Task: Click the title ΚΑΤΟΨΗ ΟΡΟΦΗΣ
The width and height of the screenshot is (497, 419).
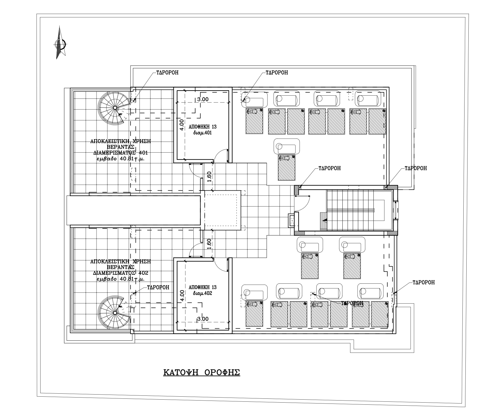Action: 202,373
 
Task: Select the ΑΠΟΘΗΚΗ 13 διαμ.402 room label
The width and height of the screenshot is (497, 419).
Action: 203,290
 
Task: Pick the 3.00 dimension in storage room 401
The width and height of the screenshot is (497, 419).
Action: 203,99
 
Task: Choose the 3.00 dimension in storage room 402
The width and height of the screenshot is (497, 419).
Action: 203,319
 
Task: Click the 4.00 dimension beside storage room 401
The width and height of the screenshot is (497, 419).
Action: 181,125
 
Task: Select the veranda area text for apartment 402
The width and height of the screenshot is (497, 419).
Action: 120,280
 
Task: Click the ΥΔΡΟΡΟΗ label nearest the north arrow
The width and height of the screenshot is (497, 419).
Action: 167,72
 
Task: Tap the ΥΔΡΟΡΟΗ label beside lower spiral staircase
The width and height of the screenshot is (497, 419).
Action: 158,287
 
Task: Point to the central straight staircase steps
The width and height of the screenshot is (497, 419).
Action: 350,210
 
